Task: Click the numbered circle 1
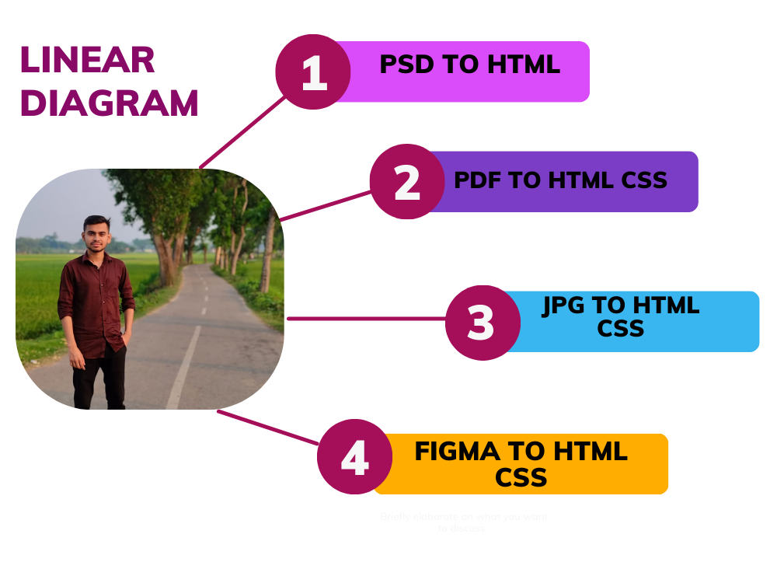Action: click(313, 72)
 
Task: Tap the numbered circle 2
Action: click(406, 182)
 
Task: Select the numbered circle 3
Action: click(482, 323)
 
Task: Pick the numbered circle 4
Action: click(354, 457)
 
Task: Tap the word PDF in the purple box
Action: click(478, 180)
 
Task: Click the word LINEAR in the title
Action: click(87, 61)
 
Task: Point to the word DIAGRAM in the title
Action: click(109, 103)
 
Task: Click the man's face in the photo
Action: click(96, 235)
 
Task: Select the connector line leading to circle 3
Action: click(365, 318)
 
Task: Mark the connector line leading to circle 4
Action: click(268, 428)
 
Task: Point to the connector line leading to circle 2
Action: click(325, 206)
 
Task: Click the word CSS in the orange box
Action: click(521, 477)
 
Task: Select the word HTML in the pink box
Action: click(524, 65)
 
